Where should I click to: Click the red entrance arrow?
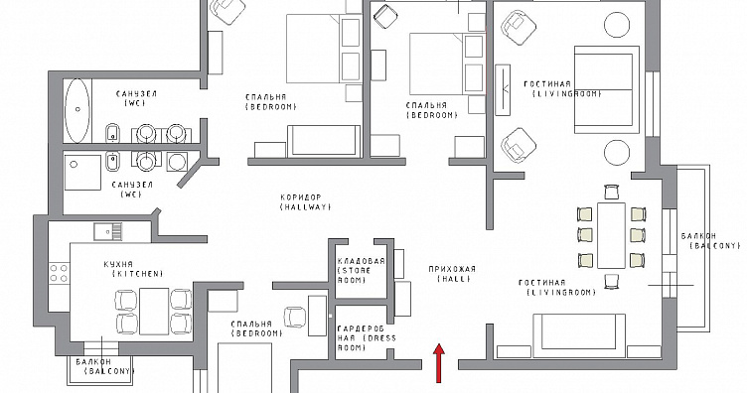tap(439, 363)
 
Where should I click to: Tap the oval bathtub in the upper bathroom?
tap(76, 110)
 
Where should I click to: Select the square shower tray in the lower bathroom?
tap(82, 172)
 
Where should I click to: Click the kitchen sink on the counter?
tap(107, 231)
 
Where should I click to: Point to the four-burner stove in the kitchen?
tap(59, 273)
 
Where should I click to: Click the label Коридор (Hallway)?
tap(305, 202)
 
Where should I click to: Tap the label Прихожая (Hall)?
tap(452, 274)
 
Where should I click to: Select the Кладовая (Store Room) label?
tap(361, 271)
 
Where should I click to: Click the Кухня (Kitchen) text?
tap(133, 269)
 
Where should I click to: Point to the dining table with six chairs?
tap(612, 235)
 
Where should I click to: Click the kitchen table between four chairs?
tap(154, 312)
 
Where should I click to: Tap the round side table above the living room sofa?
tap(617, 23)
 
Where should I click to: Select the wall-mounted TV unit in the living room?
tap(503, 90)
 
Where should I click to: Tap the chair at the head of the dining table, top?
tap(612, 193)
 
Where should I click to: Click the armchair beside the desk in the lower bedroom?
tap(295, 317)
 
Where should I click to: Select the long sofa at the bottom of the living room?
tap(579, 335)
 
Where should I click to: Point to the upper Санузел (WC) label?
tap(136, 98)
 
